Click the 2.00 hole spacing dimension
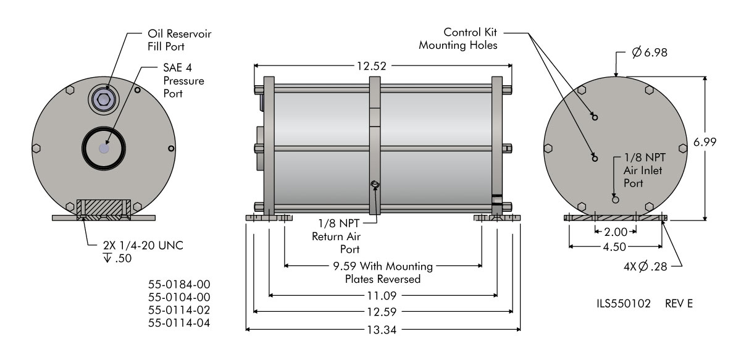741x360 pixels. coord(615,232)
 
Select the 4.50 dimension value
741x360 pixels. coord(615,246)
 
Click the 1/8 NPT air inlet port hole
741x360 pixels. coord(615,199)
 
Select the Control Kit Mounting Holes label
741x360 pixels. coord(459,38)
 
